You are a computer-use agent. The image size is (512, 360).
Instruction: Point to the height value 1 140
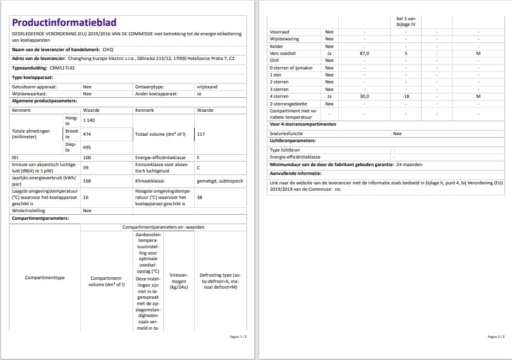click(90, 120)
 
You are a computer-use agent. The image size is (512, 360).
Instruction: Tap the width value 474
click(87, 135)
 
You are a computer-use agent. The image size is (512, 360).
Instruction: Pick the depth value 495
click(87, 147)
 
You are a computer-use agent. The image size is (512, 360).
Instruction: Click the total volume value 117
click(201, 135)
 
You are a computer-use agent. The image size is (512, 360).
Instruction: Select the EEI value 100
click(87, 157)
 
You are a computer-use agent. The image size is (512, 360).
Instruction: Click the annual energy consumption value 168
click(87, 180)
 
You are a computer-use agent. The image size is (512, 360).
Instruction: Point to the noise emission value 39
click(86, 167)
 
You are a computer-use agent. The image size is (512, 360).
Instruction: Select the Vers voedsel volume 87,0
click(364, 54)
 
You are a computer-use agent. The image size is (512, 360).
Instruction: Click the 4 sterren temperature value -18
click(406, 96)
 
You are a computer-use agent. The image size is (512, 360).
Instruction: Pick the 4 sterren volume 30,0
click(364, 96)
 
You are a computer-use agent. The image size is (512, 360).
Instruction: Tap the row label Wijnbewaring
click(284, 39)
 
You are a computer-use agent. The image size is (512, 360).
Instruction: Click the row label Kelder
click(277, 46)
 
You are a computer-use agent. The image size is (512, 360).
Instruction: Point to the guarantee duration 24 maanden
click(409, 165)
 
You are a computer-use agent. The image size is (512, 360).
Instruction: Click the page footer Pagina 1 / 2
click(238, 337)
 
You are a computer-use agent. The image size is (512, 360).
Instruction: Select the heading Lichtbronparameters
click(291, 141)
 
